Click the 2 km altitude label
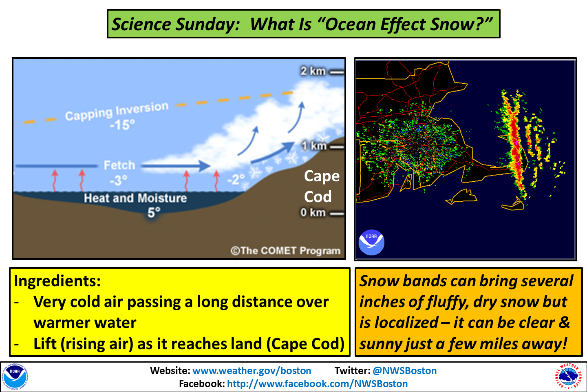point(313,71)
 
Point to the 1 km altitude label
point(314,146)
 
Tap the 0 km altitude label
point(313,213)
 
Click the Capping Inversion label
point(117,111)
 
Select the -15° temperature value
point(122,125)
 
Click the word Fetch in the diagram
point(119,165)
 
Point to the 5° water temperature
point(154,213)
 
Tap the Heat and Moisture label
point(135,198)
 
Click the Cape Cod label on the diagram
point(322,186)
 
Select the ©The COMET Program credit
point(285,251)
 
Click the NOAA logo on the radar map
point(371,242)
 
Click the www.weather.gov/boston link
point(252,371)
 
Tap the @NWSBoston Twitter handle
point(404,371)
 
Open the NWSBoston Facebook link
point(317,384)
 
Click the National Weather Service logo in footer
point(567,376)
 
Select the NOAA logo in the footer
point(15,376)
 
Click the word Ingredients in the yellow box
point(57,281)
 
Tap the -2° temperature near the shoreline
point(236,179)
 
